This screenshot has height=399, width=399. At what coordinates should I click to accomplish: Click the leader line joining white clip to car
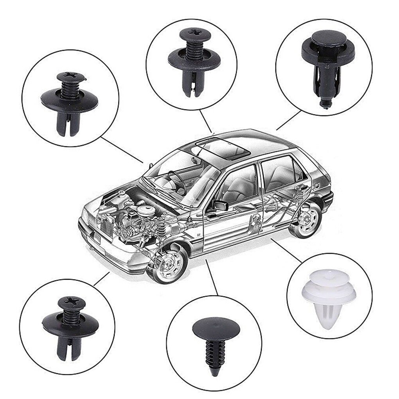[286, 250]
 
